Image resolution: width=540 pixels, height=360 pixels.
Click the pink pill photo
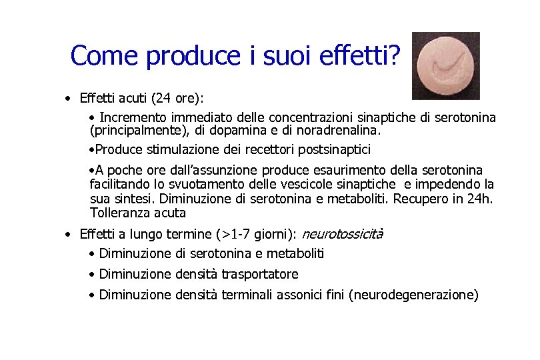click(x=445, y=65)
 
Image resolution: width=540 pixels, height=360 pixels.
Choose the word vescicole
click(x=299, y=184)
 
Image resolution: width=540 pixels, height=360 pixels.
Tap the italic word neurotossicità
click(x=343, y=234)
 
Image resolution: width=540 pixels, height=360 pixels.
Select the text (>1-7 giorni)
click(x=257, y=234)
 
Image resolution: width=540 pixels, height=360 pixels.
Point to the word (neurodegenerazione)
click(x=413, y=295)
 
